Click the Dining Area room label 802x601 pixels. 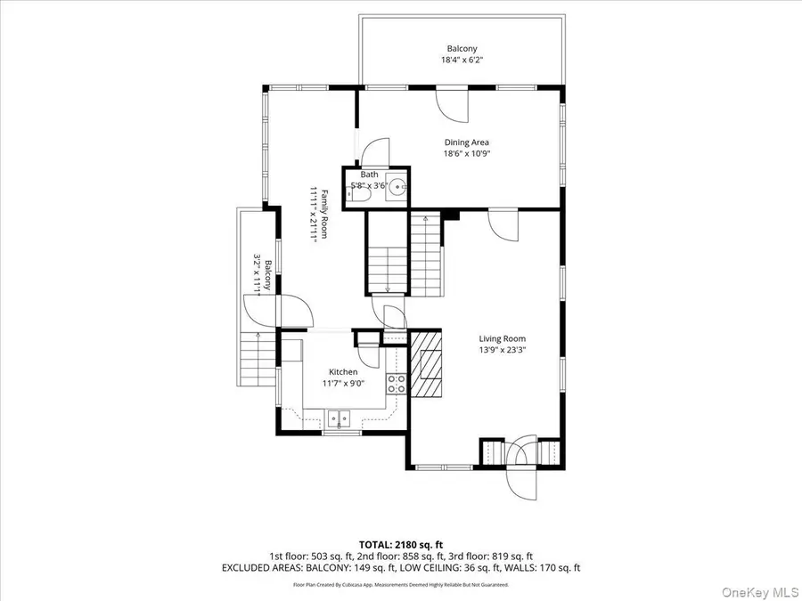coord(467,142)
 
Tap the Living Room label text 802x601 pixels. coord(502,338)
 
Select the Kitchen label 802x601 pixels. coord(343,372)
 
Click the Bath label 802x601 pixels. coord(369,175)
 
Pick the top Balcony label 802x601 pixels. coord(462,49)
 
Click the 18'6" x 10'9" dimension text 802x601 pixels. coord(467,153)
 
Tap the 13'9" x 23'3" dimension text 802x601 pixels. coord(502,350)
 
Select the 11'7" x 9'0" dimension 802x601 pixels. coord(343,384)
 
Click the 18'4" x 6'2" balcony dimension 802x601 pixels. coord(462,61)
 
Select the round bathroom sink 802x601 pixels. coord(397,187)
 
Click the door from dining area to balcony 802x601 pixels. coord(454,104)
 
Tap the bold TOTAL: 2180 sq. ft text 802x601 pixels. coord(401,543)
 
